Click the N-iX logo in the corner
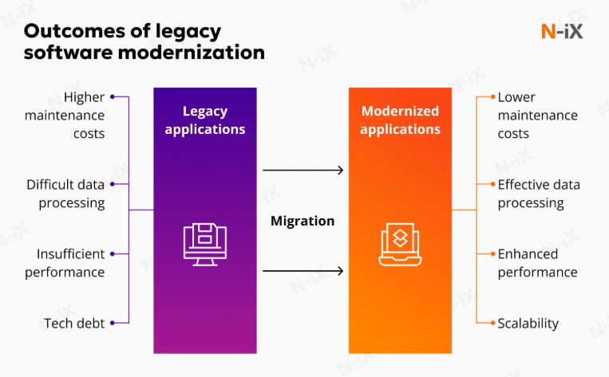561,31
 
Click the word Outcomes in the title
67,32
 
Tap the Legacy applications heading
205,120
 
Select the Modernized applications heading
400,120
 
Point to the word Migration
303,221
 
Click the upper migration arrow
303,170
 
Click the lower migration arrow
303,271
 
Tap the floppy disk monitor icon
205,244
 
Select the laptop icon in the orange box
400,243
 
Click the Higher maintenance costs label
75,116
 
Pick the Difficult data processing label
65,194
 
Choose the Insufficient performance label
70,263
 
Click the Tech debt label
74,323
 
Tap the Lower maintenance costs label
537,116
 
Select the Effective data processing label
539,194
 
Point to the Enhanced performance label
537,263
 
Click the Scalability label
528,323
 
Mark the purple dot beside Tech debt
113,323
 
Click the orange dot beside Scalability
491,323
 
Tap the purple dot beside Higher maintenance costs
113,97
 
